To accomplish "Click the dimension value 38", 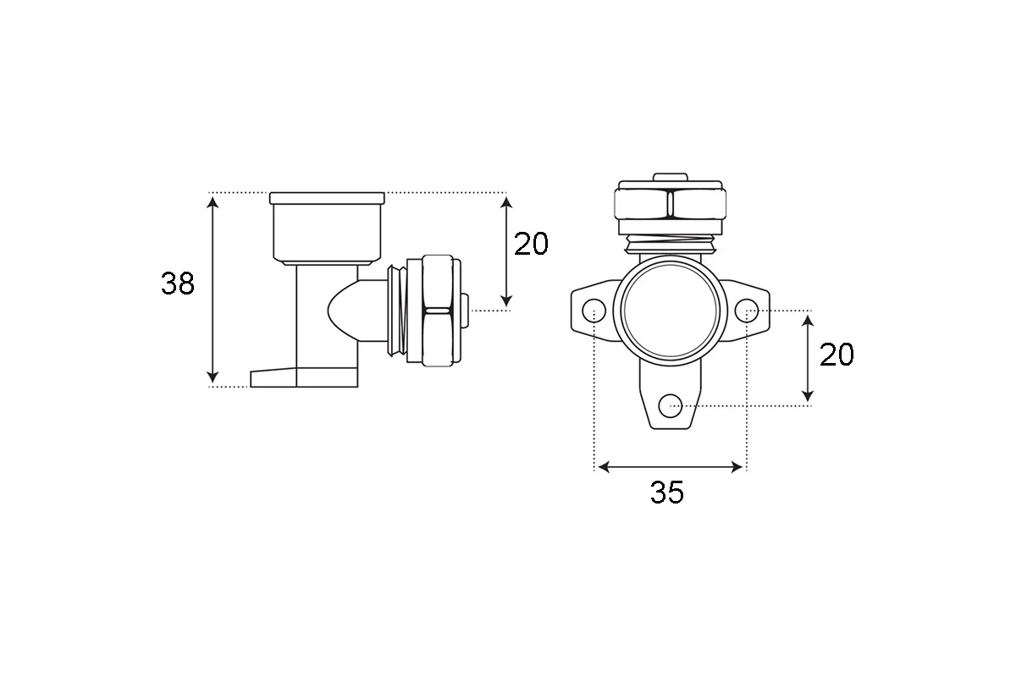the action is [178, 283].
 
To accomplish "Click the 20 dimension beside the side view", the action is [531, 244].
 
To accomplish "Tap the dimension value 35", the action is [667, 492].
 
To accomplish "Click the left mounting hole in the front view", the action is [594, 311].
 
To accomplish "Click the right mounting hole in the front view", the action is [746, 311].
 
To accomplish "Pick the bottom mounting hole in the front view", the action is [671, 405].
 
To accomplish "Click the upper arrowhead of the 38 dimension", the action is [213, 202].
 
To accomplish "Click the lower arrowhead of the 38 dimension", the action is [213, 377].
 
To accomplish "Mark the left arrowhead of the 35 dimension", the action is [605, 467].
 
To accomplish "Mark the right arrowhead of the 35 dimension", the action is [737, 467].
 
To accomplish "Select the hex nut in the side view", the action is [438, 311].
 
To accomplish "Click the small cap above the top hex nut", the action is [671, 177].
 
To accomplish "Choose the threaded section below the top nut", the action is [671, 244].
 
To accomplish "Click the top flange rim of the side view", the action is [327, 198].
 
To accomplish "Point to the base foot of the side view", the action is [304, 377].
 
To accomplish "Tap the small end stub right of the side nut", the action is [465, 311].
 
